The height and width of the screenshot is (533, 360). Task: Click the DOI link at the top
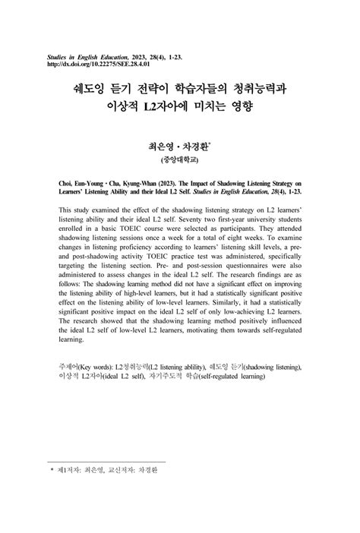[x=101, y=64]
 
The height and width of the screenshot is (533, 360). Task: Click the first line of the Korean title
[x=179, y=90]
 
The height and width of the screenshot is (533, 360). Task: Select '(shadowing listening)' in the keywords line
[x=266, y=367]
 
